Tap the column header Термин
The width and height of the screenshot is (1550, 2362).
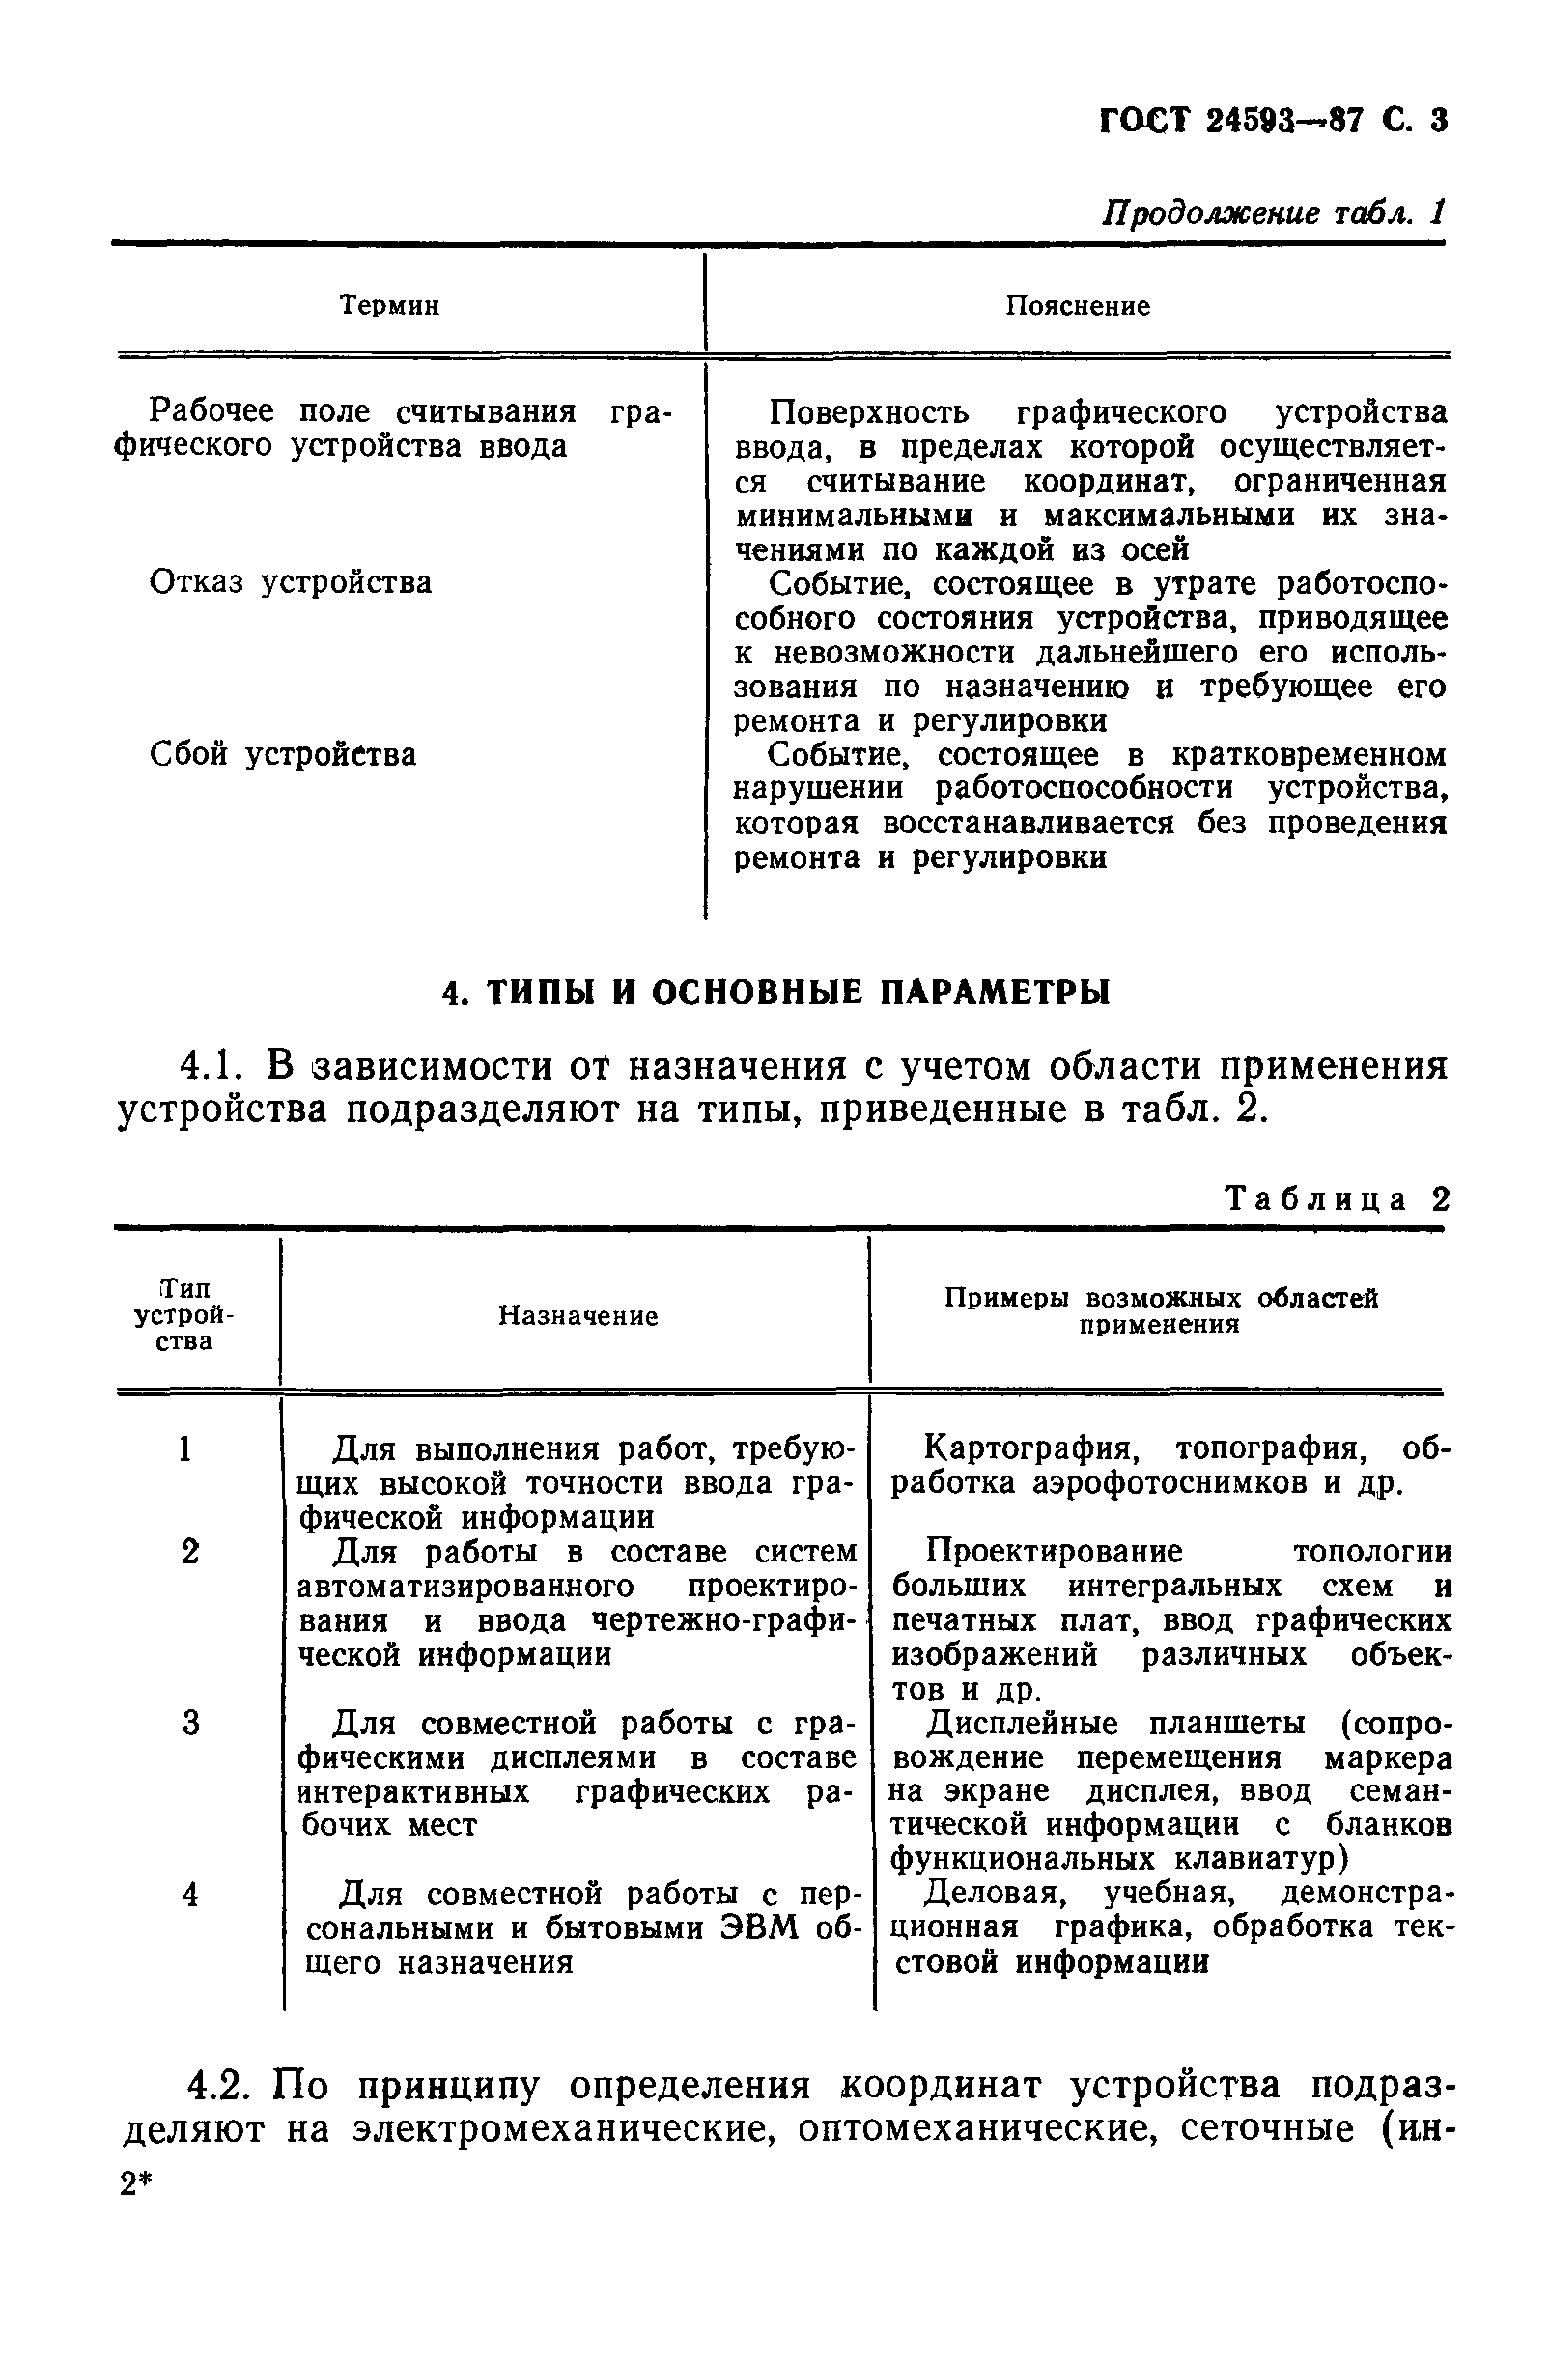point(389,306)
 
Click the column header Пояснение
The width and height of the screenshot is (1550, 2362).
point(1077,307)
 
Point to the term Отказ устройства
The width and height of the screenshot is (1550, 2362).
point(290,582)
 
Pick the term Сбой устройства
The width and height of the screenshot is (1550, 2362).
point(282,755)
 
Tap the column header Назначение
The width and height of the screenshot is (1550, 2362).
point(577,1316)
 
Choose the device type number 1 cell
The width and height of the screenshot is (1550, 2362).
point(184,1450)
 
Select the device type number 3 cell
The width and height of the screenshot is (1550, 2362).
point(190,1723)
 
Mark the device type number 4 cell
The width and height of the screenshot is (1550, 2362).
point(190,1895)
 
